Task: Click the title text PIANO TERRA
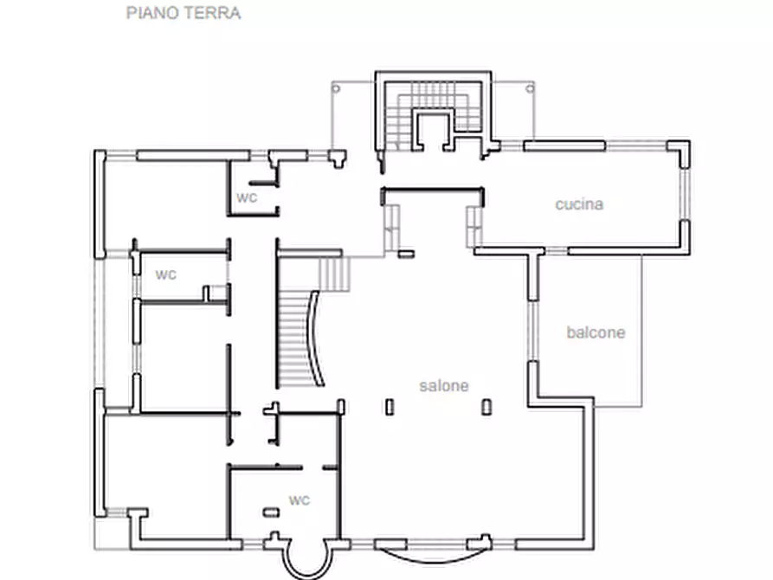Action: pyautogui.click(x=183, y=13)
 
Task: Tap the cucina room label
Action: pyautogui.click(x=579, y=205)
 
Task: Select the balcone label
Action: pyautogui.click(x=596, y=332)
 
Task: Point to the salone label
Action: pyautogui.click(x=444, y=386)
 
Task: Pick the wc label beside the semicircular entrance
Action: pyautogui.click(x=300, y=500)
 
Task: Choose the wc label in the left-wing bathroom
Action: pyautogui.click(x=166, y=274)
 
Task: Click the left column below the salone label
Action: pyautogui.click(x=390, y=406)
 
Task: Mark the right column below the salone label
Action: pyautogui.click(x=486, y=406)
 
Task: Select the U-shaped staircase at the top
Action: pyautogui.click(x=430, y=113)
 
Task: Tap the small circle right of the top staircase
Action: pyautogui.click(x=531, y=87)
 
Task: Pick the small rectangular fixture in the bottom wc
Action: pyautogui.click(x=272, y=513)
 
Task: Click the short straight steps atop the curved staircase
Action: pyautogui.click(x=334, y=274)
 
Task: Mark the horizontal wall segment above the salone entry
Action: pyautogui.click(x=430, y=191)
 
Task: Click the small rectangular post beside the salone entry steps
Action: pyautogui.click(x=406, y=254)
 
